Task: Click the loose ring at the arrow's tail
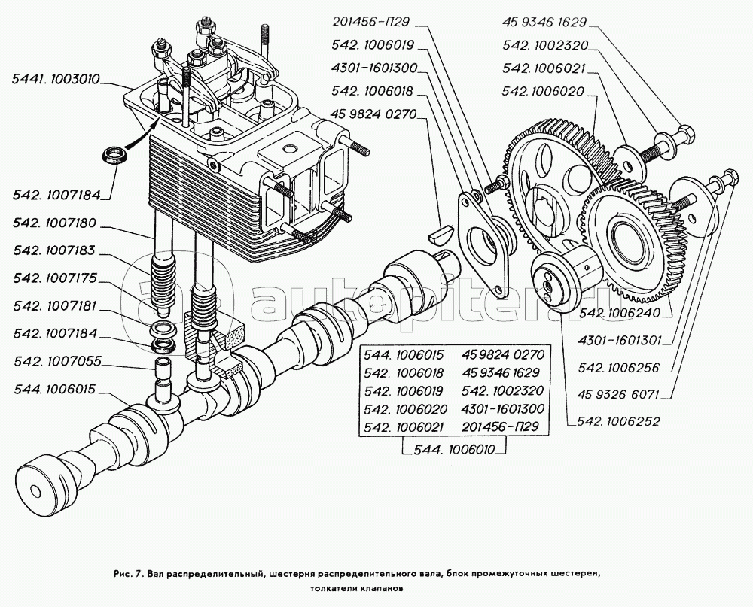click(114, 156)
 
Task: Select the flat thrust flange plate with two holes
click(482, 229)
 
